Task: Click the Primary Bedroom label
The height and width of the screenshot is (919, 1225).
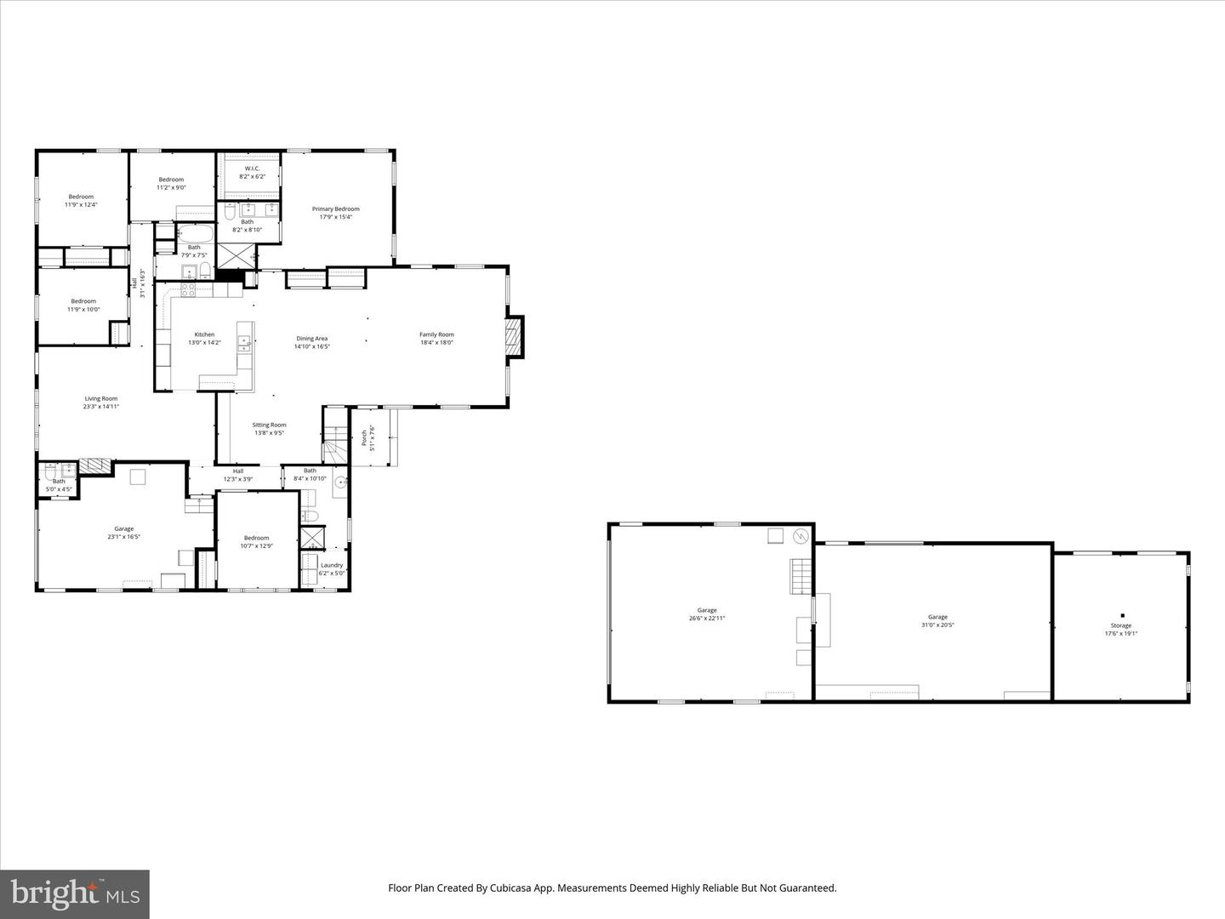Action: coord(335,209)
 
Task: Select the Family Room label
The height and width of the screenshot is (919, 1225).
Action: coord(436,335)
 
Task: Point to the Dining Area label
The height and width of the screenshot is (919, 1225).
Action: coord(311,339)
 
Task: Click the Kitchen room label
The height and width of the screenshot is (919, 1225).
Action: coord(204,335)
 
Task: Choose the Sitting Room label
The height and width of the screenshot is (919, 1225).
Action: coord(269,425)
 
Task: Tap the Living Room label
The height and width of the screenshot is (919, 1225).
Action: coord(100,399)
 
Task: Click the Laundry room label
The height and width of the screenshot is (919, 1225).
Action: coord(332,565)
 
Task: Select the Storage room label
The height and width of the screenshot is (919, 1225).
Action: coord(1120,626)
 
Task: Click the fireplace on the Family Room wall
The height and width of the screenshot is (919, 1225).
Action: coord(513,337)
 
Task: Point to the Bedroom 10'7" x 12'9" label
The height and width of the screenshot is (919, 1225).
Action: coord(256,538)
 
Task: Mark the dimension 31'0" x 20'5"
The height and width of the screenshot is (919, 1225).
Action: coord(937,625)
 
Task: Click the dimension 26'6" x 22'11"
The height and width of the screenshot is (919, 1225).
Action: coord(707,619)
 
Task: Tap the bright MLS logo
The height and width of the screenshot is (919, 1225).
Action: coord(75,893)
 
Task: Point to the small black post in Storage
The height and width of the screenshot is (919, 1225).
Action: coord(1122,615)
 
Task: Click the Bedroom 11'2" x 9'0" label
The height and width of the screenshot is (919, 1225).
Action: coord(171,180)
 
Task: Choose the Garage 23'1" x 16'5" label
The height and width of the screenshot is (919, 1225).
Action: coord(124,529)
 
